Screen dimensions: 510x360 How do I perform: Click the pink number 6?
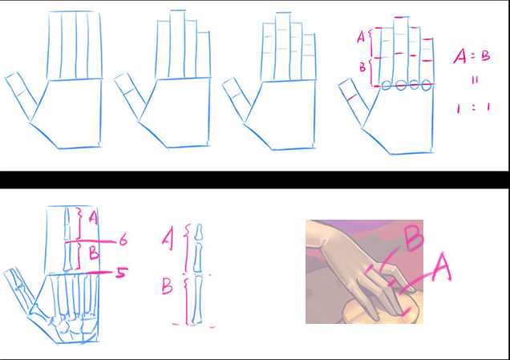tap(123, 241)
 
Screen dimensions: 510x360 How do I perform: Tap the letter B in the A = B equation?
tap(485, 56)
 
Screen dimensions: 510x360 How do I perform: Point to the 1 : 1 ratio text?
tap(473, 107)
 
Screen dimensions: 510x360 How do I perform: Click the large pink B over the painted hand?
tap(414, 239)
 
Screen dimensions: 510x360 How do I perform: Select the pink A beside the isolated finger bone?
tap(168, 240)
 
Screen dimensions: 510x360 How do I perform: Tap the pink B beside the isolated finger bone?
tap(167, 286)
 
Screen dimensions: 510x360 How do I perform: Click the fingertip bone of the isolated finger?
tap(198, 232)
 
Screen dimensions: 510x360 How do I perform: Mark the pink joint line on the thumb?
tap(351, 97)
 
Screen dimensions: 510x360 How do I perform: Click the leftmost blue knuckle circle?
tap(386, 86)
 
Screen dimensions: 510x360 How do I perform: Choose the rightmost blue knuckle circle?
tap(426, 86)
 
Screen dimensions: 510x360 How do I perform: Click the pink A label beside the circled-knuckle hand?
tap(361, 38)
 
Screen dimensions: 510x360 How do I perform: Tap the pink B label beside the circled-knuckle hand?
tap(362, 67)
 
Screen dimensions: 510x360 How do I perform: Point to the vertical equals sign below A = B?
tap(475, 80)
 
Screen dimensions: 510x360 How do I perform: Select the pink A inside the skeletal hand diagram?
tap(93, 218)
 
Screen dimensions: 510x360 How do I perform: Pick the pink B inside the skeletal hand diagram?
tap(94, 253)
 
